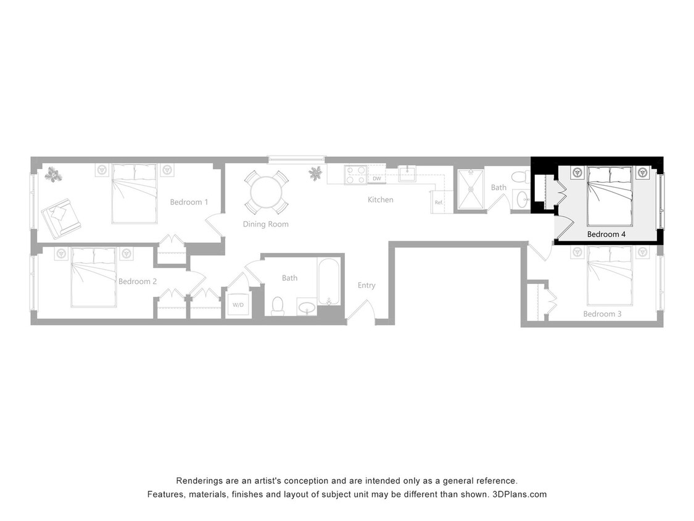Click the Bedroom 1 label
[x=189, y=202]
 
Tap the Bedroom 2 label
[x=138, y=281]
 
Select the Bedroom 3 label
[x=602, y=314]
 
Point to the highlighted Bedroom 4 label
[x=606, y=235]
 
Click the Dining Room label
[x=265, y=225]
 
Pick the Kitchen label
[x=380, y=200]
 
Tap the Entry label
[x=366, y=286]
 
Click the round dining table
[x=266, y=192]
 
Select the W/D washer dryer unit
[x=238, y=305]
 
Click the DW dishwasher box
[x=376, y=179]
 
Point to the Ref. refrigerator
[x=439, y=202]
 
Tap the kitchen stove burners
[x=356, y=175]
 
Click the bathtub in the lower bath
[x=328, y=282]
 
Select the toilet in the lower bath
[x=278, y=306]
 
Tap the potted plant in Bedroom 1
[x=54, y=175]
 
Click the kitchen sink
[x=408, y=173]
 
